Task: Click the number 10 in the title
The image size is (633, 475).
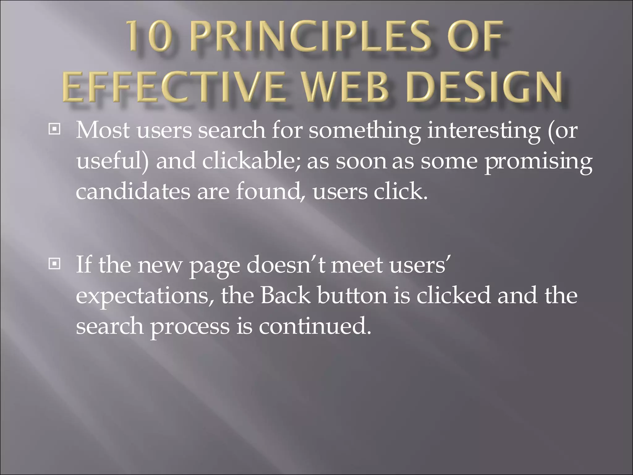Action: pos(150,37)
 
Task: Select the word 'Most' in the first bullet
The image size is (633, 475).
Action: pos(103,131)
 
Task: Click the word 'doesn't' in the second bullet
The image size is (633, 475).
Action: pos(286,265)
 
